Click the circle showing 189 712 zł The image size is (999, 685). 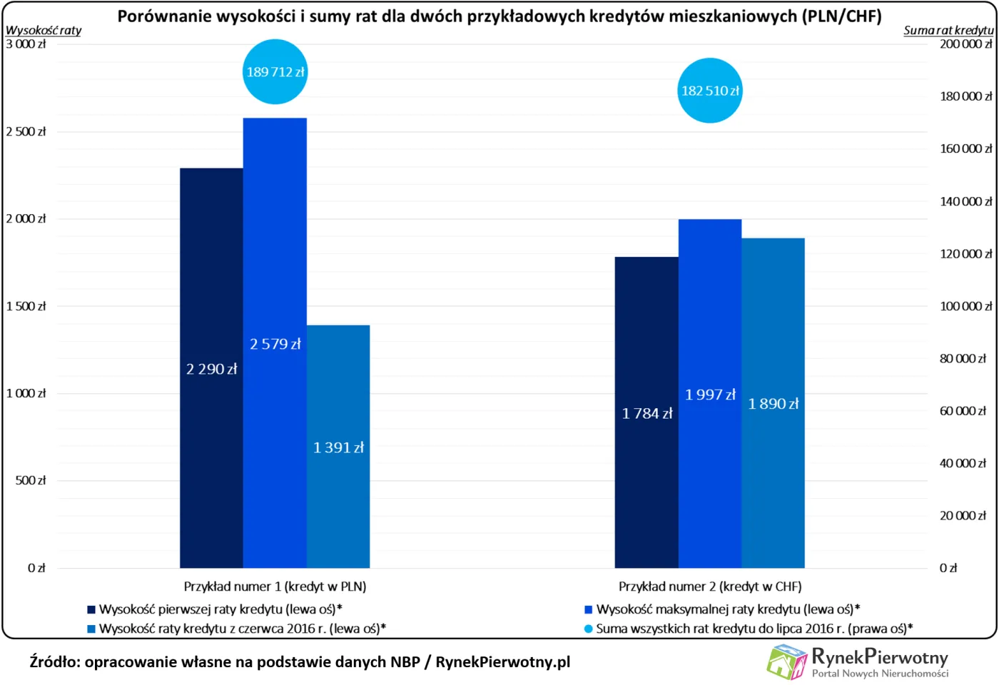[275, 71]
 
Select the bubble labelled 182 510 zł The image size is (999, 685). [710, 91]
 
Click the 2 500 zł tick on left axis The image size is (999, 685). [26, 131]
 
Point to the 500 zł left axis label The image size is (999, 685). [31, 480]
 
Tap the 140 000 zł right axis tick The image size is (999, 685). [965, 201]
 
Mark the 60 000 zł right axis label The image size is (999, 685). [963, 411]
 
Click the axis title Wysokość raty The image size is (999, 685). [44, 30]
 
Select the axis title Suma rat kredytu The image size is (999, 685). [948, 30]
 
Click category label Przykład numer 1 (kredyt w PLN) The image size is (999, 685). [275, 587]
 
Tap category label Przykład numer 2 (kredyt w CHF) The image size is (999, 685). [710, 587]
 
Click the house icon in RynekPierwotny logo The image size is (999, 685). [786, 661]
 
